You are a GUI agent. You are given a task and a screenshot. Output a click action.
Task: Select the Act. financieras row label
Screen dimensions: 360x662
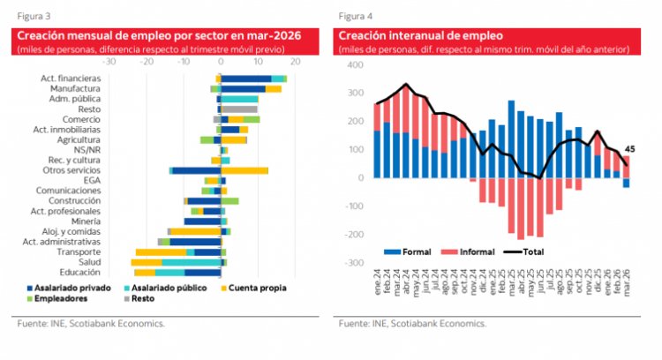[x=70, y=79]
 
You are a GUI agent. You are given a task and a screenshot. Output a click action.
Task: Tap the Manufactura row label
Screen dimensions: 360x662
[x=74, y=88]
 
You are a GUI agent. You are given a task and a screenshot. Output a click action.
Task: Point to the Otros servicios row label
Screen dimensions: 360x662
[x=68, y=169]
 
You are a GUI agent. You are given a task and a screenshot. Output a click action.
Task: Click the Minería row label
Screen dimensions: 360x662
[x=84, y=221]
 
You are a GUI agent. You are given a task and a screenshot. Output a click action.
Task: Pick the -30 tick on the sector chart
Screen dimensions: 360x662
[x=109, y=63]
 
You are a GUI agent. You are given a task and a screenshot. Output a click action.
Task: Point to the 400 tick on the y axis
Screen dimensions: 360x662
[x=356, y=66]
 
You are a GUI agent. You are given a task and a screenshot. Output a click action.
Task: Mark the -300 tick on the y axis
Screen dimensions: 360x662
[x=354, y=263]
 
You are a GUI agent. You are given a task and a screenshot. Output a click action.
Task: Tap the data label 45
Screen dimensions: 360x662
[x=630, y=149]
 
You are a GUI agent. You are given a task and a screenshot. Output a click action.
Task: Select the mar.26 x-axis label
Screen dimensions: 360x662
[x=627, y=288]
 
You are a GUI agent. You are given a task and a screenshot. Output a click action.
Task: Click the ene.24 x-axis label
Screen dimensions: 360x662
[x=378, y=288]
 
